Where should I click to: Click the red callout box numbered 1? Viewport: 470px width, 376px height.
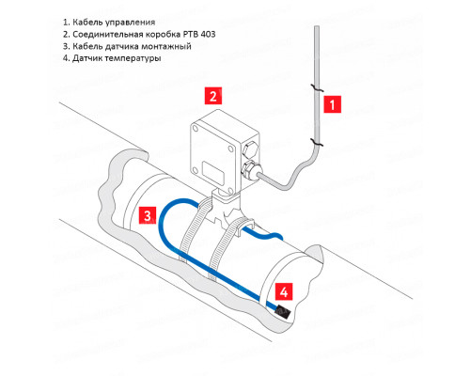pyautogui.click(x=332, y=104)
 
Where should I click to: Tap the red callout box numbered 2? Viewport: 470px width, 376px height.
pyautogui.click(x=213, y=96)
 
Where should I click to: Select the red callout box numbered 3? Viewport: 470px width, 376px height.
pyautogui.click(x=148, y=215)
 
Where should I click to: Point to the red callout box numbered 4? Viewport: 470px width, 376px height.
pyautogui.click(x=284, y=291)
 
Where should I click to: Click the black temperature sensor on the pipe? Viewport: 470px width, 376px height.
pyautogui.click(x=282, y=312)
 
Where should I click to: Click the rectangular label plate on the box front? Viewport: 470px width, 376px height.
pyautogui.click(x=213, y=172)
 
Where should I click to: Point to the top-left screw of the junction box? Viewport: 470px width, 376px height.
pyautogui.click(x=196, y=129)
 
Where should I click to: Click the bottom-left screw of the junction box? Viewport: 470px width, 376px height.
pyautogui.click(x=196, y=170)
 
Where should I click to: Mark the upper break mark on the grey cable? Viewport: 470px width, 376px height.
pyautogui.click(x=317, y=88)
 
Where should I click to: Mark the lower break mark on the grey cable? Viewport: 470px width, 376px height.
pyautogui.click(x=317, y=142)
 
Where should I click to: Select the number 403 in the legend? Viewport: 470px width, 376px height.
pyautogui.click(x=207, y=34)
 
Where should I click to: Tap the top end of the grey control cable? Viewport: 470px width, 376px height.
pyautogui.click(x=317, y=27)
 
